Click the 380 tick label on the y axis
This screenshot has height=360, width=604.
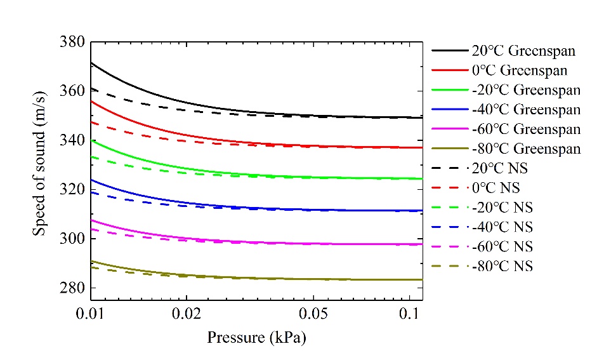pos(73,42)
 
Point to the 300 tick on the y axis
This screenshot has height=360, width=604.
pos(73,239)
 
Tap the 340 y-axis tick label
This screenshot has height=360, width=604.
pos(73,140)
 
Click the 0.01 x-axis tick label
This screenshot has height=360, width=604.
pos(91,314)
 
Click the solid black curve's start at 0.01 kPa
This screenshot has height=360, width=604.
pos(91,63)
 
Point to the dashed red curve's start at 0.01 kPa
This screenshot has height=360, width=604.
pos(91,122)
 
